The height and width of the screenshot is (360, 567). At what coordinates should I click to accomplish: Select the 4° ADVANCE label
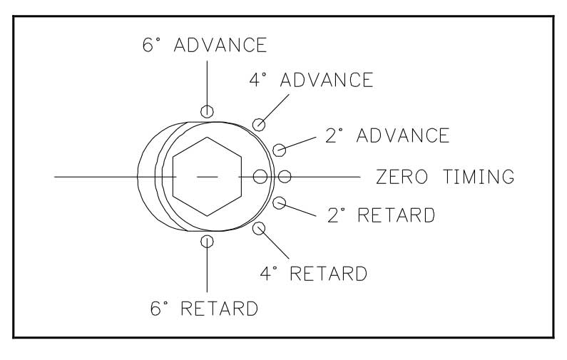click(311, 79)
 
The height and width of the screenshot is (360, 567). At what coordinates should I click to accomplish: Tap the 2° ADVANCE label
click(387, 135)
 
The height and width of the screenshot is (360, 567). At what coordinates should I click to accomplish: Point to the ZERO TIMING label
click(445, 176)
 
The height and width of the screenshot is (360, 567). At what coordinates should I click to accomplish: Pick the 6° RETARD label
click(205, 309)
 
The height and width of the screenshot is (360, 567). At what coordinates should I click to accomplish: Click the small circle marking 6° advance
click(207, 110)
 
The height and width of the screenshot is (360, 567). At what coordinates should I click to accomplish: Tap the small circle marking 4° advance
click(260, 125)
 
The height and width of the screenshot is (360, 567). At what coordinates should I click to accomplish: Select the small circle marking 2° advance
click(280, 150)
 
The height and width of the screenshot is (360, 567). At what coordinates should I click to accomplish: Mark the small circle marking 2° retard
click(280, 202)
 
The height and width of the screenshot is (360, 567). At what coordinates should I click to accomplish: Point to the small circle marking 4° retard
click(259, 228)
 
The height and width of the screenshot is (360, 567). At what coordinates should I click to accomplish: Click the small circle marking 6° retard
click(207, 241)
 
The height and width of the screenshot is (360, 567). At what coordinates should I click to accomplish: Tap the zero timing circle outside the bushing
click(285, 176)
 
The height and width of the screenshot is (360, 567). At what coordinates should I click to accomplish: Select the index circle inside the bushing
click(260, 176)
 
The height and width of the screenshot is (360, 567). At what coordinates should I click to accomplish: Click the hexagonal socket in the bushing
click(207, 175)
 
